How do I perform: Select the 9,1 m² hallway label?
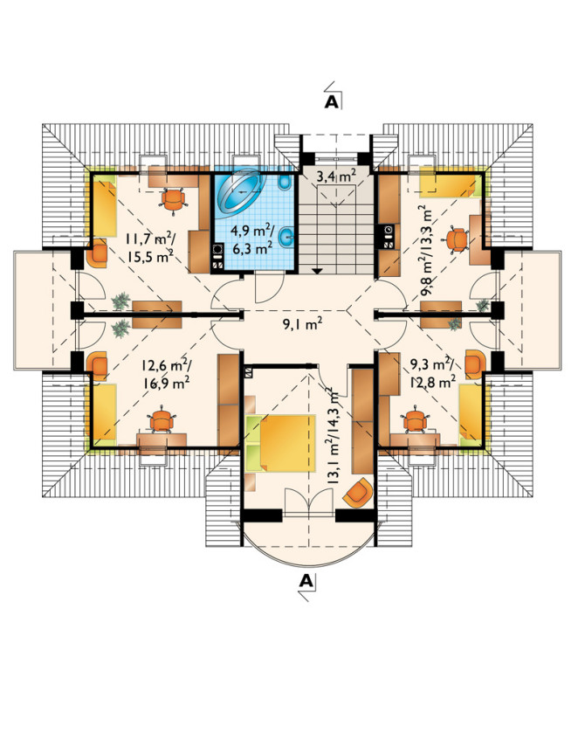302,325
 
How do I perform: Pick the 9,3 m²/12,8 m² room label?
433,373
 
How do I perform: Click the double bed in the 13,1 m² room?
280,443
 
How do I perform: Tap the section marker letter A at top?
332,102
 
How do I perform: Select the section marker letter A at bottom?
306,581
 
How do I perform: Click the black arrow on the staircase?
317,271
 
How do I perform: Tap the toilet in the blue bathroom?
284,182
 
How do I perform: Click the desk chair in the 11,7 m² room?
174,198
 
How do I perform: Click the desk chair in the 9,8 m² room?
457,239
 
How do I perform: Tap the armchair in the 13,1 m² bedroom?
359,493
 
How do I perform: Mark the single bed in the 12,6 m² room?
104,412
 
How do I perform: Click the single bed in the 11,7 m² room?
104,206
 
